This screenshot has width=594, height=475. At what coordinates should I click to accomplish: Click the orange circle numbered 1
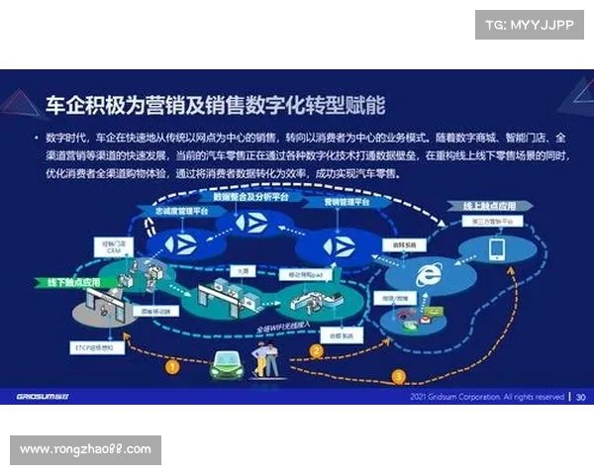(172, 366)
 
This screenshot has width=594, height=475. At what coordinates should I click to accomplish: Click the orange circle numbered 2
(318, 350)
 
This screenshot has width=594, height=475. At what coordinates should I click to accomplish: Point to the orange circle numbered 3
(399, 376)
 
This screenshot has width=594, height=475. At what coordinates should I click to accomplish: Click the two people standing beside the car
(265, 357)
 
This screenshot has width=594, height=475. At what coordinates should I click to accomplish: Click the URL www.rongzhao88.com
(86, 449)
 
